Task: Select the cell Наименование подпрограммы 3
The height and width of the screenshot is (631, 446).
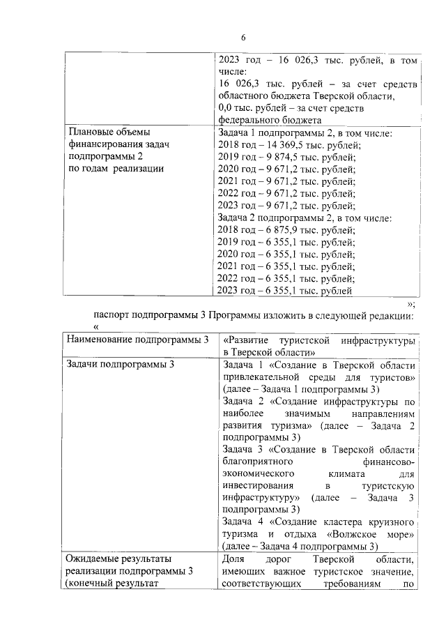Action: [137, 340]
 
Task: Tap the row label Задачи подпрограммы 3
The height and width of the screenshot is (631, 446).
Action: [119, 364]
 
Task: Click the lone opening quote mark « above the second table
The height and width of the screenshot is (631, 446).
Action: [97, 327]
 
